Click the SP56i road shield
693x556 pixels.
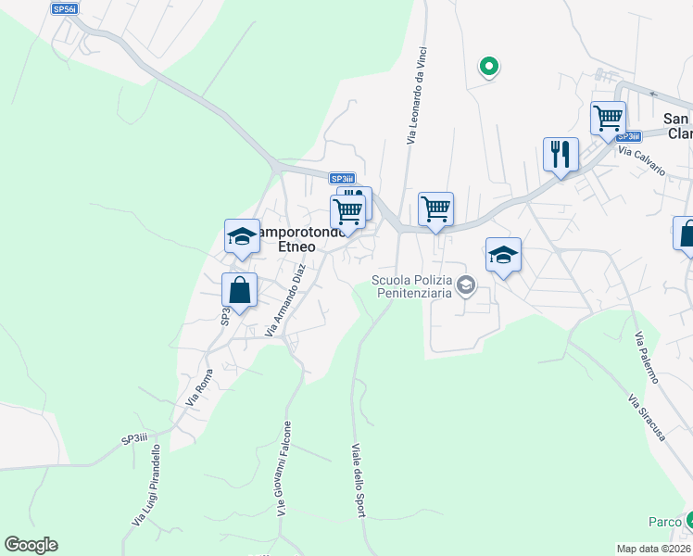65,8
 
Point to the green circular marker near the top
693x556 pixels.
488,66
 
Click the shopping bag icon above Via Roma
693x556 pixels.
239,290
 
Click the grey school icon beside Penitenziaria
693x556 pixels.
466,286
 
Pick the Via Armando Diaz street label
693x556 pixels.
285,299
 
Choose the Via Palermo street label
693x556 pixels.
645,359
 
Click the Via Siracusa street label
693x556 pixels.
647,418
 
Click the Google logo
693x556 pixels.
31,545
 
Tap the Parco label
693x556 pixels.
664,523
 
